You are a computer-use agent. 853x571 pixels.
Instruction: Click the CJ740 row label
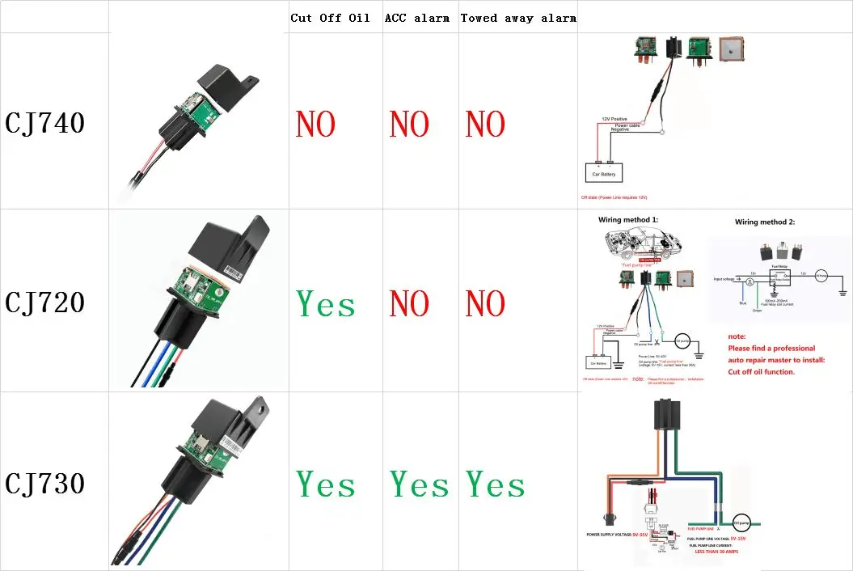45,124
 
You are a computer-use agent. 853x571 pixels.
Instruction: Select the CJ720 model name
45,302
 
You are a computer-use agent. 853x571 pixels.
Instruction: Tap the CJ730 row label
45,484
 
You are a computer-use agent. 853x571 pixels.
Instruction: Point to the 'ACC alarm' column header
416,18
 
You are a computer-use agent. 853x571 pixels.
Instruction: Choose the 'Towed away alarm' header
518,18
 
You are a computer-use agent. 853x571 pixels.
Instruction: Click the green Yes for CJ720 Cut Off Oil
326,304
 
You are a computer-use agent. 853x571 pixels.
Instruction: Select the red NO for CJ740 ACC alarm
409,125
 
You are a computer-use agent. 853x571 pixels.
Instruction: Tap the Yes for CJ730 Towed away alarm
495,484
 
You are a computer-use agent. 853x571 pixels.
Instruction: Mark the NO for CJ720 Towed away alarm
485,304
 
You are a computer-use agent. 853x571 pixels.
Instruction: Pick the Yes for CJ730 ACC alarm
420,484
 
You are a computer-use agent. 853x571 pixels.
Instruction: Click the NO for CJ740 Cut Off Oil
315,125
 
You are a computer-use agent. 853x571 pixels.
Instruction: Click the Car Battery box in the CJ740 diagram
604,174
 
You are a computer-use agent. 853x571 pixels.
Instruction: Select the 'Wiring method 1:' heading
628,220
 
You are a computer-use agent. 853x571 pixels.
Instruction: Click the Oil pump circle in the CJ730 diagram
742,523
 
